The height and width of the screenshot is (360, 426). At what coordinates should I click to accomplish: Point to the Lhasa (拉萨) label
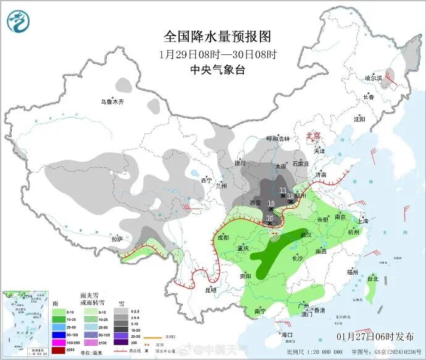117,238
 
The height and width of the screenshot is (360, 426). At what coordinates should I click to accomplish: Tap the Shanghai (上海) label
362,221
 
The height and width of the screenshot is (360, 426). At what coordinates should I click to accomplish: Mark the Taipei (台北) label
372,278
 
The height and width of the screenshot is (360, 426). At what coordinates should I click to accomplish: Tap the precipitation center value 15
269,218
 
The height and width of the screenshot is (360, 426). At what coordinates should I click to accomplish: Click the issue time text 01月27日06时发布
375,337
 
